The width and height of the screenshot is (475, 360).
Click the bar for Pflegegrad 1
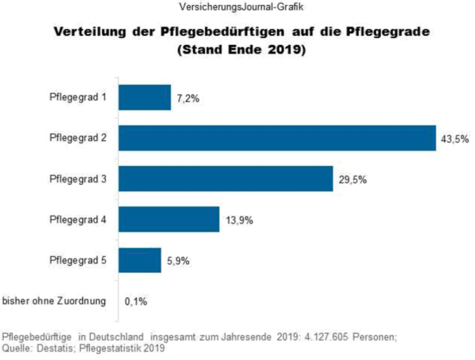pos(144,98)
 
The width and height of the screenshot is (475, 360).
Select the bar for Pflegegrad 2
pos(277,139)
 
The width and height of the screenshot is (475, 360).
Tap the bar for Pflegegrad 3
pos(226,179)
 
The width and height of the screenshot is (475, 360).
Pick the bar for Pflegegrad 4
pos(169,219)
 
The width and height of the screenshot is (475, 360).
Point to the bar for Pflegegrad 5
pos(140,260)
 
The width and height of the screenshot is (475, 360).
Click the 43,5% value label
pos(455,139)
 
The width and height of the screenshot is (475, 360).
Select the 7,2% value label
pos(188,98)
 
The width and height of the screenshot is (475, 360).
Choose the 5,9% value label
pos(178,261)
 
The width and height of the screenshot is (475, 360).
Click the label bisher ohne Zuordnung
pos(55,301)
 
